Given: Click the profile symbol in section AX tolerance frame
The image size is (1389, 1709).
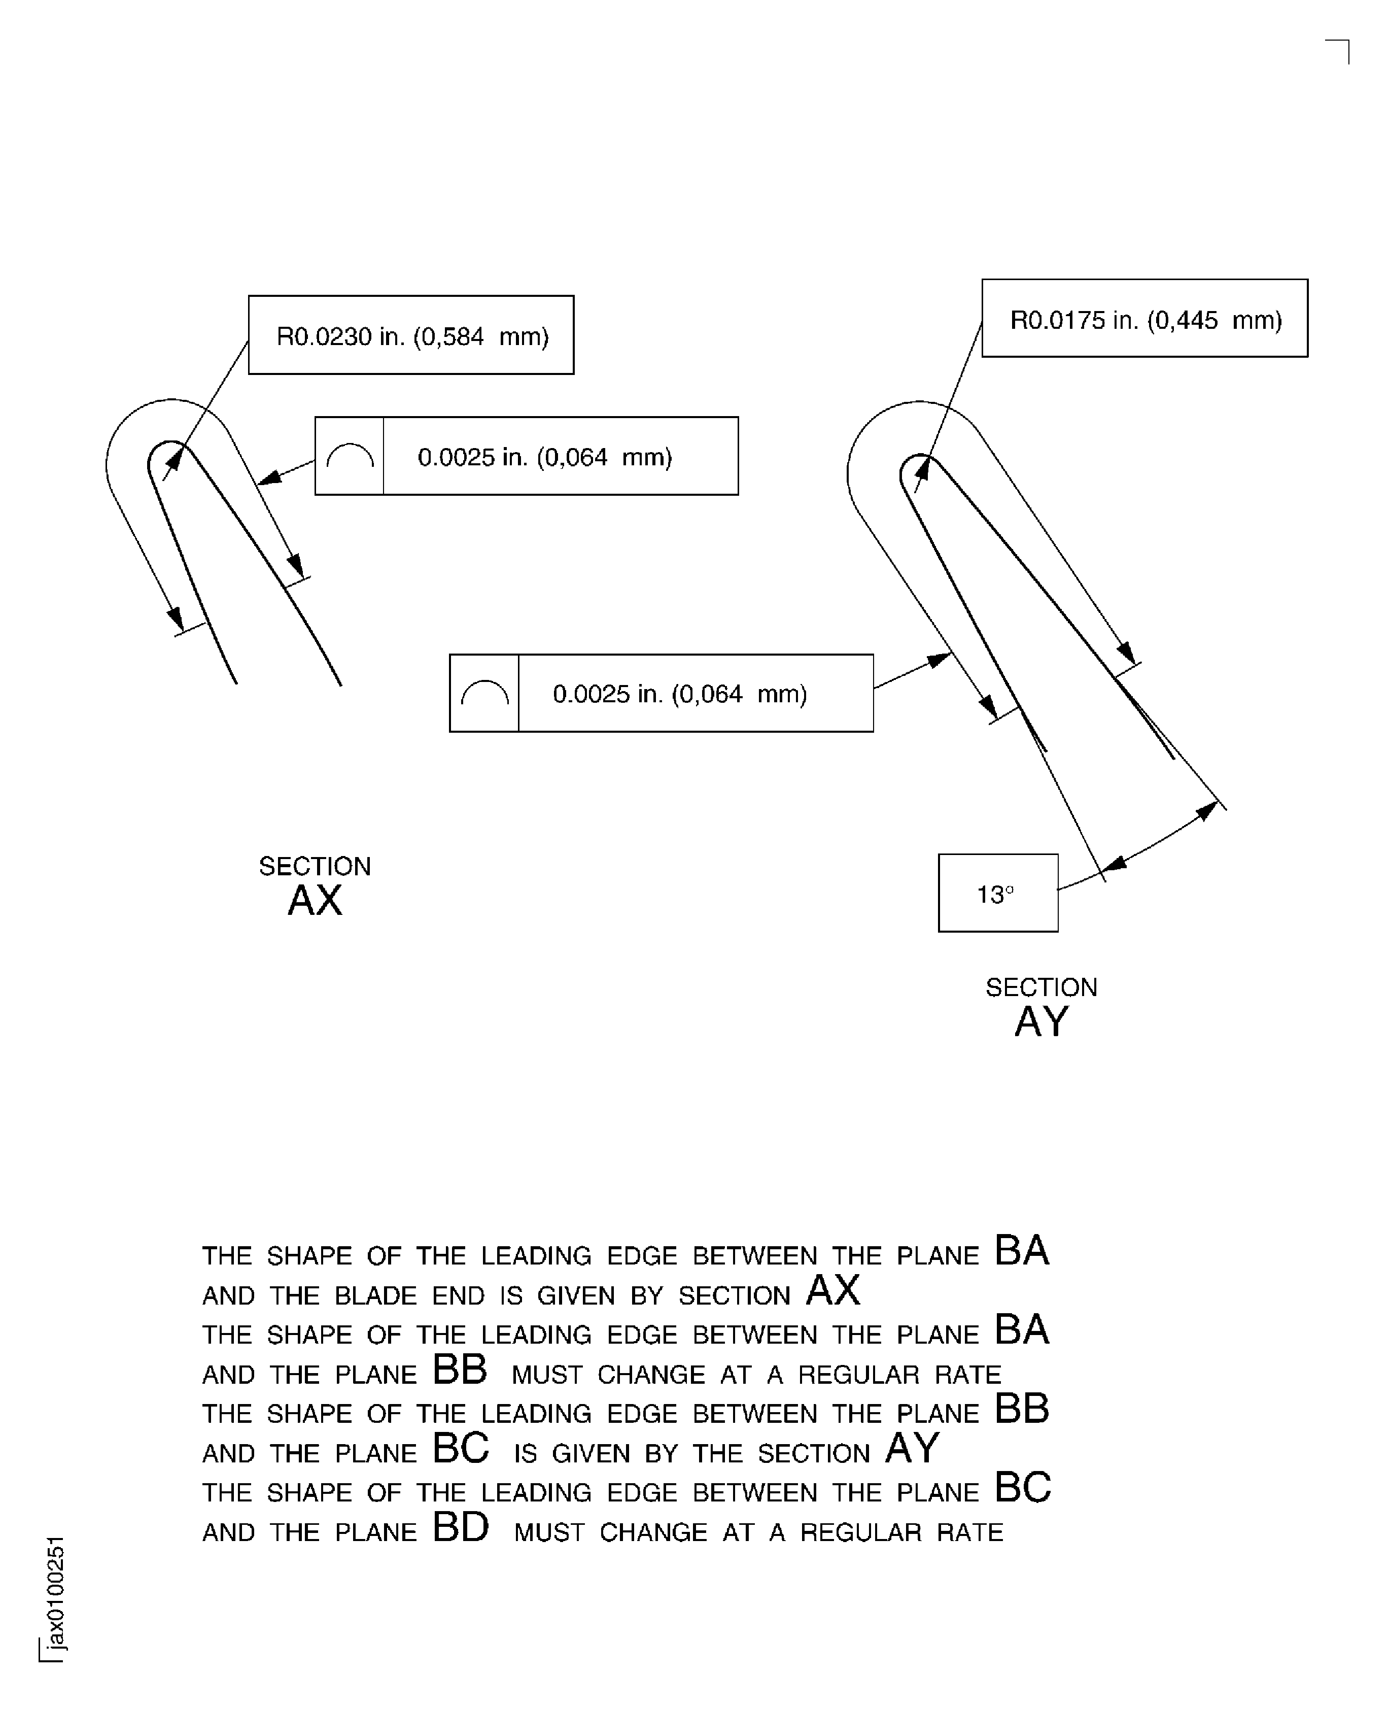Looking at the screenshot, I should tap(350, 456).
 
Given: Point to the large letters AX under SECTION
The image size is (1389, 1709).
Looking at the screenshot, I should tap(315, 901).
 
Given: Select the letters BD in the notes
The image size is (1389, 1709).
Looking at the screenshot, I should tap(460, 1526).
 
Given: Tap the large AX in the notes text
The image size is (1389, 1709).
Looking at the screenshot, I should tap(833, 1290).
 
